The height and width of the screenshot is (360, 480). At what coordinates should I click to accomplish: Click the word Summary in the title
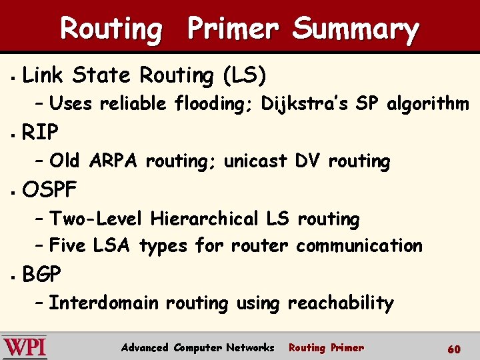coord(355,29)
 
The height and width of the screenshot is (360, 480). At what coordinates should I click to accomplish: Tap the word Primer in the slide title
coord(233,29)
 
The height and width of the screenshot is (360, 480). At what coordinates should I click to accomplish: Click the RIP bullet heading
coord(40,133)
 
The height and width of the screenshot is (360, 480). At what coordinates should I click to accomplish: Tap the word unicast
coord(255,161)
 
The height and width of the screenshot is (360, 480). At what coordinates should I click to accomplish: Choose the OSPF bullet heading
coord(50,190)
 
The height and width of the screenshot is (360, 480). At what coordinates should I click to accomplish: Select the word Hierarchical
coord(205,219)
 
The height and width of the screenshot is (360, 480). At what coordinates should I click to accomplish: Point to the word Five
coord(67,246)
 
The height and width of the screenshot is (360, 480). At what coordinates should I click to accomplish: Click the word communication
coord(359,246)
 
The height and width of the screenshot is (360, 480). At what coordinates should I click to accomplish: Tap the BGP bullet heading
coord(41,274)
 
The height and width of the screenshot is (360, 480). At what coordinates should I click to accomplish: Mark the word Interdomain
coord(104,303)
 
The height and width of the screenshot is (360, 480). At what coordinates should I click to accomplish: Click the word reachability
coord(341,303)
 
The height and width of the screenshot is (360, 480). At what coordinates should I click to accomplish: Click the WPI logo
coord(25,347)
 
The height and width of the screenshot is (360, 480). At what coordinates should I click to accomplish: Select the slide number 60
coord(454,349)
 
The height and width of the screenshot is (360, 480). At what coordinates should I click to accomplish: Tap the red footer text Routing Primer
coord(326,347)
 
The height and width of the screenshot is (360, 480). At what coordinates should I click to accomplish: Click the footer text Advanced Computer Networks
coord(197,347)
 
